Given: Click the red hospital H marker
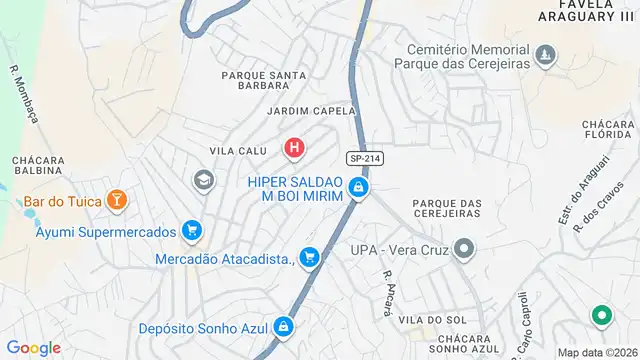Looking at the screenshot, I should click(x=294, y=150).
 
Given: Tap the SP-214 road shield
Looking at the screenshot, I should click(x=365, y=159).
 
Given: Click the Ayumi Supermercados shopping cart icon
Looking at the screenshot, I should click(x=193, y=231).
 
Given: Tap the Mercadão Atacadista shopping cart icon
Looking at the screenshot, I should click(x=310, y=258).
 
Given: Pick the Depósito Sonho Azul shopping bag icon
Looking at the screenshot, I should click(x=285, y=327).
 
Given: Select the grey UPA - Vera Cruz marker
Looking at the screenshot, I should click(x=463, y=247).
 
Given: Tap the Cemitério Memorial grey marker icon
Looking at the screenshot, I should click(x=545, y=52).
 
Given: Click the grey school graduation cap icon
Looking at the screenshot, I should click(x=203, y=180).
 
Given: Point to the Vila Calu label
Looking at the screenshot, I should click(x=238, y=151).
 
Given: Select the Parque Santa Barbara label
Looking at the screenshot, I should click(x=264, y=80).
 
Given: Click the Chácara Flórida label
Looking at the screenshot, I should click(x=609, y=131).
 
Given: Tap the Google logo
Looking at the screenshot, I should click(x=34, y=348).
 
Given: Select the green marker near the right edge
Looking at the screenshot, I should click(x=602, y=317).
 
